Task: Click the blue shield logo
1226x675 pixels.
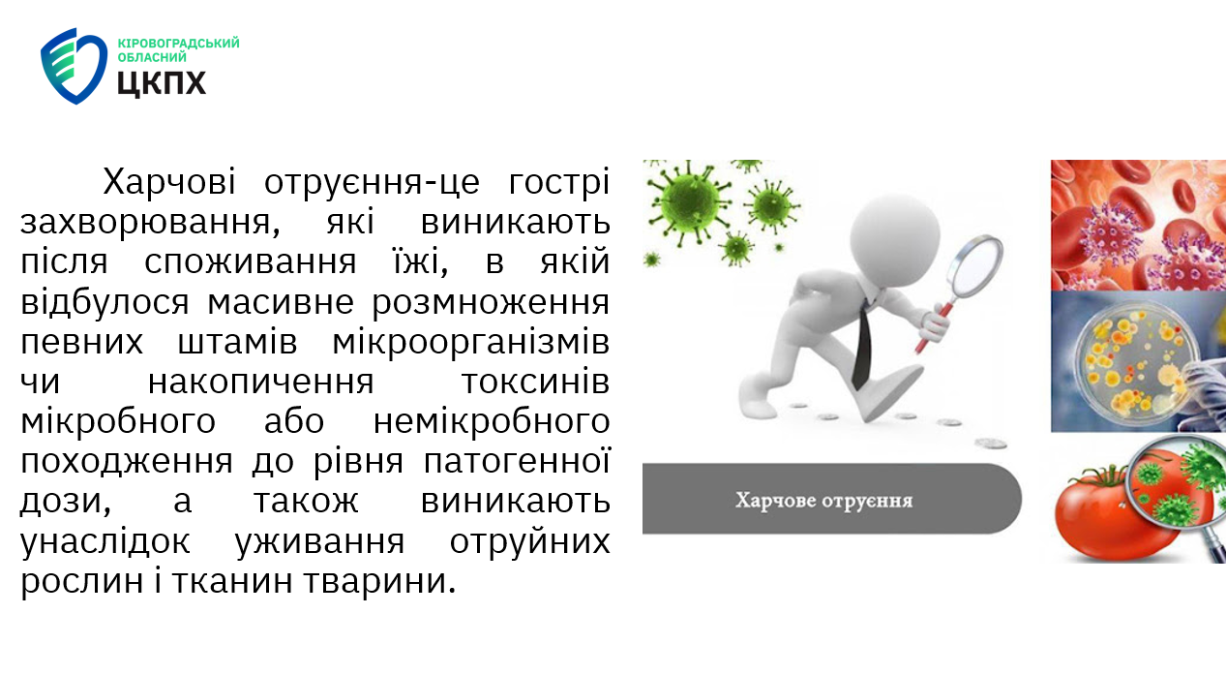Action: pos(74,66)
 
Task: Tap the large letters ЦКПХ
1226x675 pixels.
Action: pos(162,83)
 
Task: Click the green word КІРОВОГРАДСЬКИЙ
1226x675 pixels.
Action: pos(178,43)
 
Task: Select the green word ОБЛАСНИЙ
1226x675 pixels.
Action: pos(152,57)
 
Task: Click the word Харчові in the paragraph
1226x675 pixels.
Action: pos(169,182)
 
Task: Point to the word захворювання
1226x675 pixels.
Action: pos(151,224)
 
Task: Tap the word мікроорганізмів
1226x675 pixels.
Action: pos(470,343)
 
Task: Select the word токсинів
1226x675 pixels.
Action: pos(536,382)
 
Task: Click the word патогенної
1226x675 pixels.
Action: pos(517,461)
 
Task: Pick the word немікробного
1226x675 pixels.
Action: pos(492,421)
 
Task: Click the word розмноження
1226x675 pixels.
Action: pos(491,303)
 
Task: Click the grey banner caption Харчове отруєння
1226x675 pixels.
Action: pos(823,501)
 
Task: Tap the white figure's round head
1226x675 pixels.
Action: pos(895,240)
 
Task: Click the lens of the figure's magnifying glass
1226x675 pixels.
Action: pos(976,264)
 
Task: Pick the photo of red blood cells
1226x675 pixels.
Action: pos(1138,226)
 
